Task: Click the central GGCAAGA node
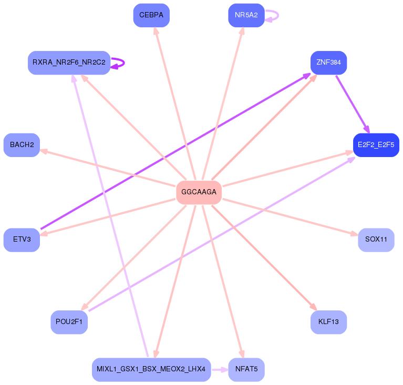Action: tap(199, 192)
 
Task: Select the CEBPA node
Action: tap(151, 15)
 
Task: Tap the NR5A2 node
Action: tap(246, 15)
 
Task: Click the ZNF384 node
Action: tap(328, 63)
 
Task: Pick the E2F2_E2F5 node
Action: tap(376, 145)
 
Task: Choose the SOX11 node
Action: tap(376, 240)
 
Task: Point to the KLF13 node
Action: tap(328, 321)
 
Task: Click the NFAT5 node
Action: tap(246, 369)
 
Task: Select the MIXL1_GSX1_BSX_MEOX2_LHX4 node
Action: tap(151, 369)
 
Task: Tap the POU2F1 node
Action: tap(69, 321)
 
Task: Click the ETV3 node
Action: tap(22, 240)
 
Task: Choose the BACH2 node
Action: tap(22, 145)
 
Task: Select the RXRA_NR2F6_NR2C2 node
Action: tap(69, 63)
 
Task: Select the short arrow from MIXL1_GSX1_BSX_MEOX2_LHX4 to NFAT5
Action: tap(220, 369)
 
